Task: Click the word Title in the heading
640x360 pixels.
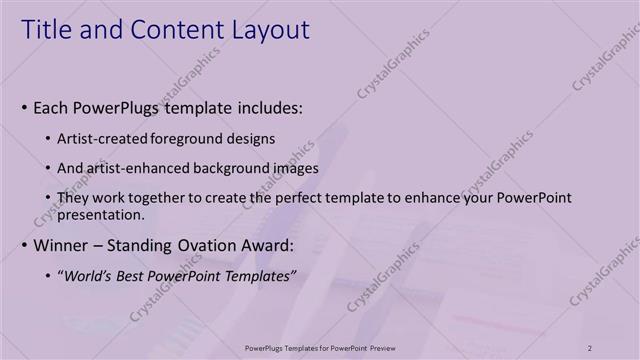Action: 48,31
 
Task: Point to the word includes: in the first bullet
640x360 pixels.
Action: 266,106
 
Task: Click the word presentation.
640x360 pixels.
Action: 103,214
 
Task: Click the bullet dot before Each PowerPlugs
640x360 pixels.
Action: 24,107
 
